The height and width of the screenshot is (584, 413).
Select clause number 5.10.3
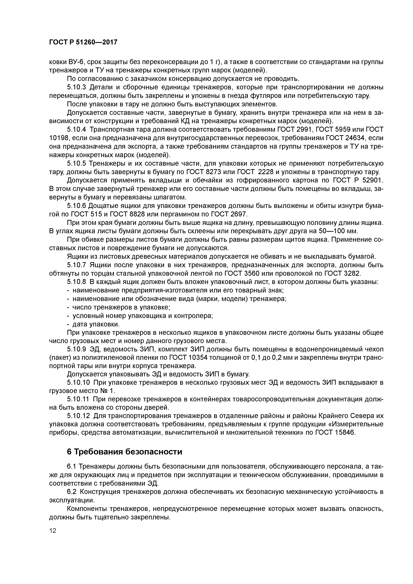77,87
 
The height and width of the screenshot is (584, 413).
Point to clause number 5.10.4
77,130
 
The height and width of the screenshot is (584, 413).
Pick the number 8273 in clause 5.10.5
213,172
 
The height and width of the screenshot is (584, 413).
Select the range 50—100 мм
338,231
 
